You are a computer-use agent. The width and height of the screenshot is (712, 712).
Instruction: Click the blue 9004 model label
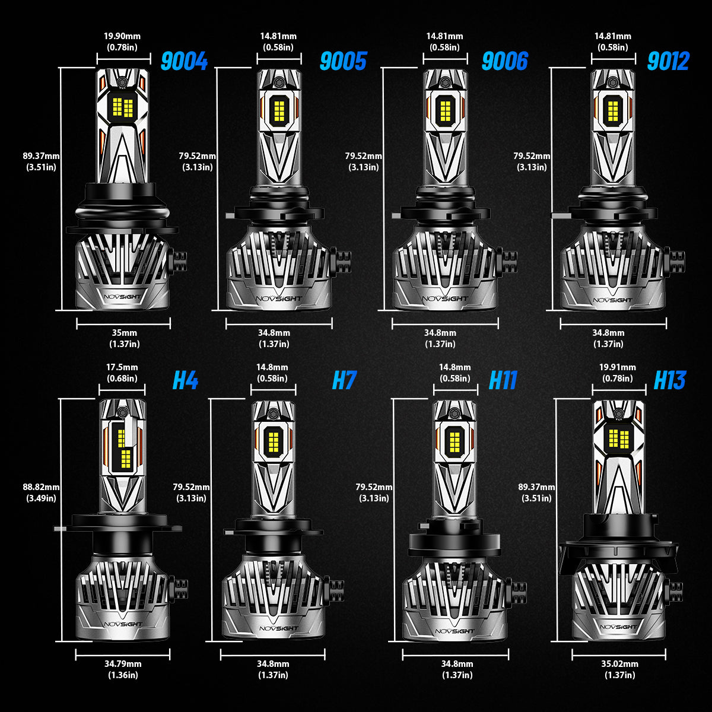pos(184,61)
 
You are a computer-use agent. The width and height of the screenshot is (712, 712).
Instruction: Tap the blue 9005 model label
pos(344,61)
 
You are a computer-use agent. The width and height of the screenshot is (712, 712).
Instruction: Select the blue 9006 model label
pos(505,61)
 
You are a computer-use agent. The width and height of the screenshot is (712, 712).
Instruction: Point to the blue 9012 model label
pos(669,61)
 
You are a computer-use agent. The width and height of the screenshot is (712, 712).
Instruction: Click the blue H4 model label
pos(186,380)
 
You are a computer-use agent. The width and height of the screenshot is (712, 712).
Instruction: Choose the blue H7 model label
pos(344,380)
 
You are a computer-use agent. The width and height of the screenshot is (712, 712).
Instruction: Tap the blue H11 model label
pos(503,380)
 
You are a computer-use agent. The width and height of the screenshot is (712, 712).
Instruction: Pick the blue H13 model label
pos(670,380)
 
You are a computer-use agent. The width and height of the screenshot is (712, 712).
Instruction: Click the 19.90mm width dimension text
pos(122,36)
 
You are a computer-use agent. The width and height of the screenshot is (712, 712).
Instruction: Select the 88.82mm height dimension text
pos(41,487)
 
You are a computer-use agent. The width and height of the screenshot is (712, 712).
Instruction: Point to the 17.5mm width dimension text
pos(122,367)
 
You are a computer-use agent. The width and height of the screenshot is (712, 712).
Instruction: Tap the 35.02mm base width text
pos(619,663)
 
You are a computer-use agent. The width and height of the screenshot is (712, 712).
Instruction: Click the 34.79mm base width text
pos(123,663)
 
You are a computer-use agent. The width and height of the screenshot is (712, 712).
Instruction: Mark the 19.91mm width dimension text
pos(618,367)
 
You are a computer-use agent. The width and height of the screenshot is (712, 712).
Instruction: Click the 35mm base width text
pos(125,332)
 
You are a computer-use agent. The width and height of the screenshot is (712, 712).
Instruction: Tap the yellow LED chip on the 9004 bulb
pos(123,107)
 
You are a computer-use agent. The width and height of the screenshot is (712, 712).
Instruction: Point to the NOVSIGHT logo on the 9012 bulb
pos(612,300)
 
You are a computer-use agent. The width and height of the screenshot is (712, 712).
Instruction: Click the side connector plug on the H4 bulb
pos(179,589)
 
